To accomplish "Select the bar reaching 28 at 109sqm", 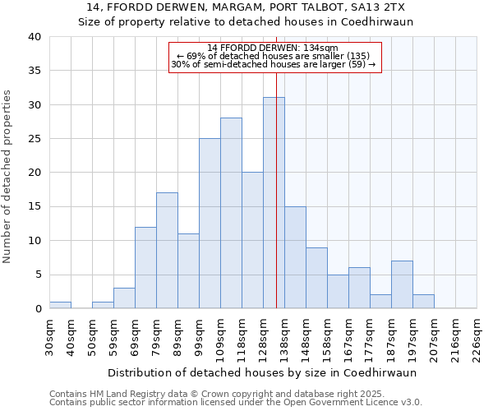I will (231, 213).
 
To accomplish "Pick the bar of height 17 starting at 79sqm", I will (167, 251).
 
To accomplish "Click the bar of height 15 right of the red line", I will (295, 257).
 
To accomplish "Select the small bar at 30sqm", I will (60, 305).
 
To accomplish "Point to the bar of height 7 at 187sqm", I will (402, 284).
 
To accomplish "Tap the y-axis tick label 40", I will (34, 37).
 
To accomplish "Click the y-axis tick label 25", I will (34, 139).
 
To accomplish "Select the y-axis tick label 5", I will (37, 275).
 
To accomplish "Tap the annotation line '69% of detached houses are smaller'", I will (275, 56).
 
